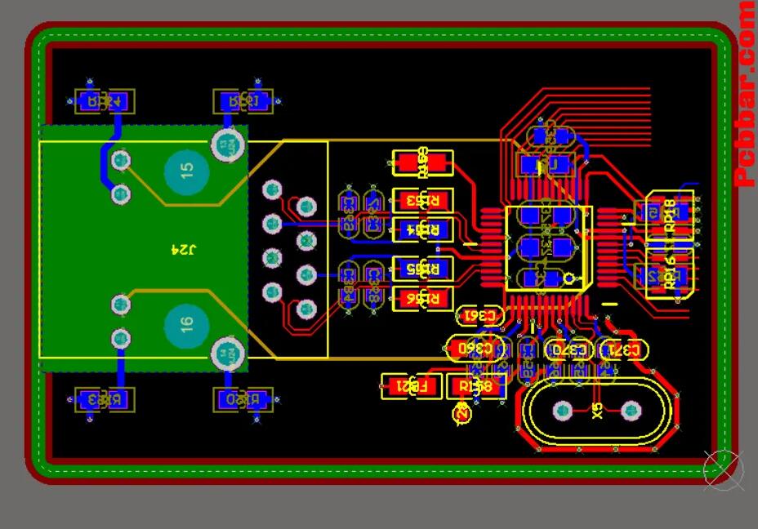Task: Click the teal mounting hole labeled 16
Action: pyautogui.click(x=187, y=324)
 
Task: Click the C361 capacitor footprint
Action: pyautogui.click(x=479, y=315)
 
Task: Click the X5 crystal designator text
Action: pyautogui.click(x=597, y=408)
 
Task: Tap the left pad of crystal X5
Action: pyautogui.click(x=563, y=410)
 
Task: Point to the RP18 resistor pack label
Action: pyautogui.click(x=670, y=216)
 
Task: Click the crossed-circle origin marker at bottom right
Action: pyautogui.click(x=722, y=470)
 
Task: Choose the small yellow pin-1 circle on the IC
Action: pyautogui.click(x=568, y=278)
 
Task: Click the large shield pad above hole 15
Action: pyautogui.click(x=228, y=144)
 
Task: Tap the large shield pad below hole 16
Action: pyautogui.click(x=228, y=354)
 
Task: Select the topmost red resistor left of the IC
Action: pyautogui.click(x=421, y=163)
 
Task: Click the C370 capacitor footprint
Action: pyautogui.click(x=569, y=349)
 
